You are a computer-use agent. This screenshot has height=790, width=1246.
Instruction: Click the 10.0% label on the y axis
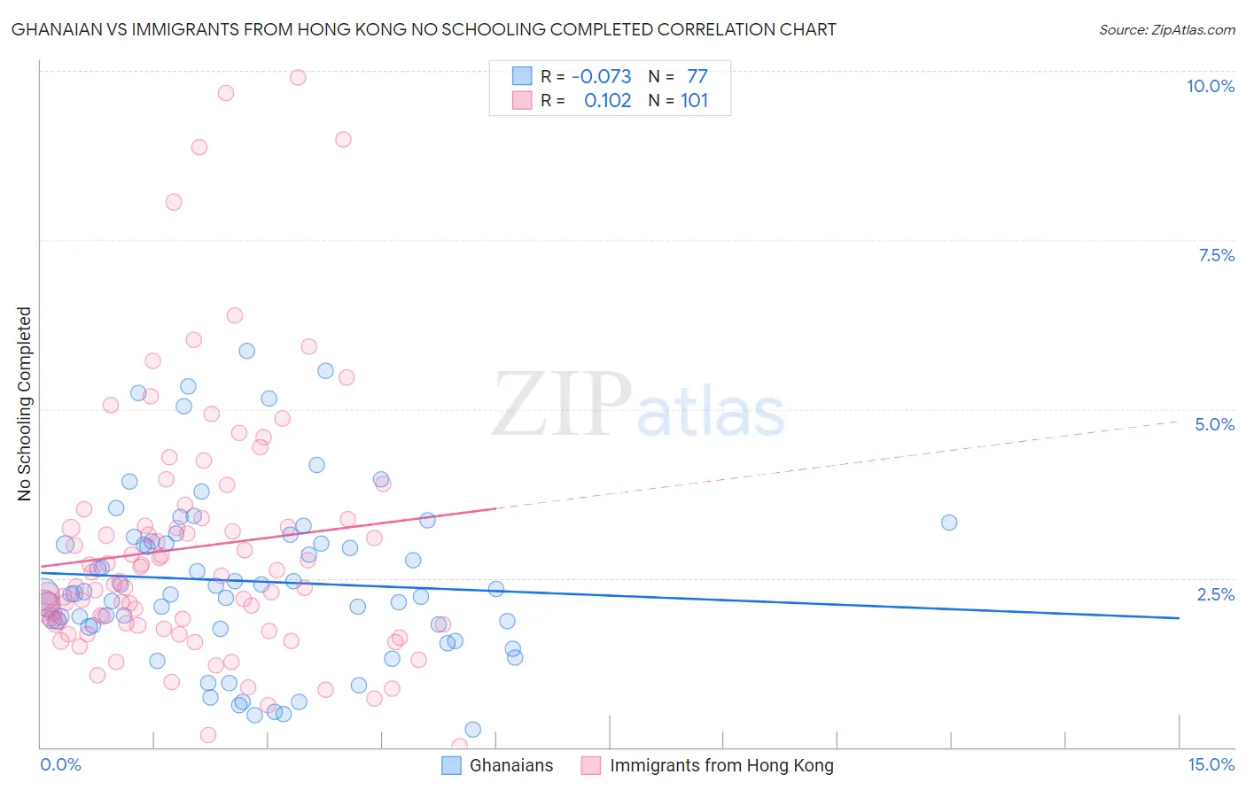point(1210,86)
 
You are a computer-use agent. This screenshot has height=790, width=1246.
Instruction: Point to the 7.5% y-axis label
point(1216,255)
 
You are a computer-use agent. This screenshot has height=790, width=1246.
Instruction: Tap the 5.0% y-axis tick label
point(1214,424)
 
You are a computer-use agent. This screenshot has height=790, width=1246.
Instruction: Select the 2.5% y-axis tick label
point(1215,594)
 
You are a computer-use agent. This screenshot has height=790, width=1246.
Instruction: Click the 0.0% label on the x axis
point(60,764)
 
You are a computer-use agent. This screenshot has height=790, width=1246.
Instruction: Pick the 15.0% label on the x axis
point(1211,764)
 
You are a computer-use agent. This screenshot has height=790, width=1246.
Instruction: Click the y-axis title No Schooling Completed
point(24,404)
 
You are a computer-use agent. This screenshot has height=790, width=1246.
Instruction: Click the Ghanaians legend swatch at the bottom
point(451,765)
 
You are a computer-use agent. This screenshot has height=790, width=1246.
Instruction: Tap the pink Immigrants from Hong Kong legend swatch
point(591,765)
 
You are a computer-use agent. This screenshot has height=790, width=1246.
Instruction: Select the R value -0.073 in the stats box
point(601,76)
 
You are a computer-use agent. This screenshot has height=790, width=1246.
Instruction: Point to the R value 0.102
point(607,101)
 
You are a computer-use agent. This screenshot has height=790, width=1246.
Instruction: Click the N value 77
point(697,76)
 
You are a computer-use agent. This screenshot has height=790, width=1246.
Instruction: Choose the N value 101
point(694,101)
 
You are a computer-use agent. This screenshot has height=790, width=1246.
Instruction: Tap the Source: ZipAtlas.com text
point(1166,29)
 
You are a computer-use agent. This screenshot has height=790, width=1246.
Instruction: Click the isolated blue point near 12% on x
point(949,523)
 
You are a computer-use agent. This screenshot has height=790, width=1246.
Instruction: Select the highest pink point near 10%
point(298,77)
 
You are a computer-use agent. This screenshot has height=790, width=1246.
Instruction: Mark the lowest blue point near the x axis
point(473,729)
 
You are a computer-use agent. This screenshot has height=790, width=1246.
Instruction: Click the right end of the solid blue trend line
point(1179,617)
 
